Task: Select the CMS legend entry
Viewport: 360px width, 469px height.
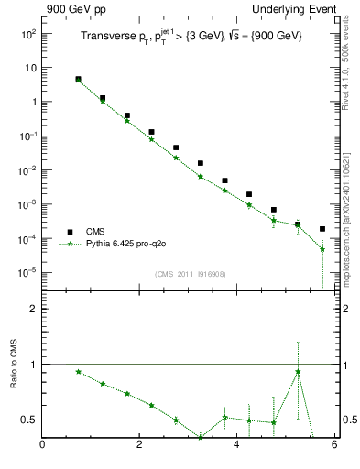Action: (94, 232)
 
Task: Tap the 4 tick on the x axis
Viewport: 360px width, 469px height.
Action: (237, 446)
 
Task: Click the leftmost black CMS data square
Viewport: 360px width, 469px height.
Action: (78, 80)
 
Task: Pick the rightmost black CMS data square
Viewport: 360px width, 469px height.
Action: (322, 229)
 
